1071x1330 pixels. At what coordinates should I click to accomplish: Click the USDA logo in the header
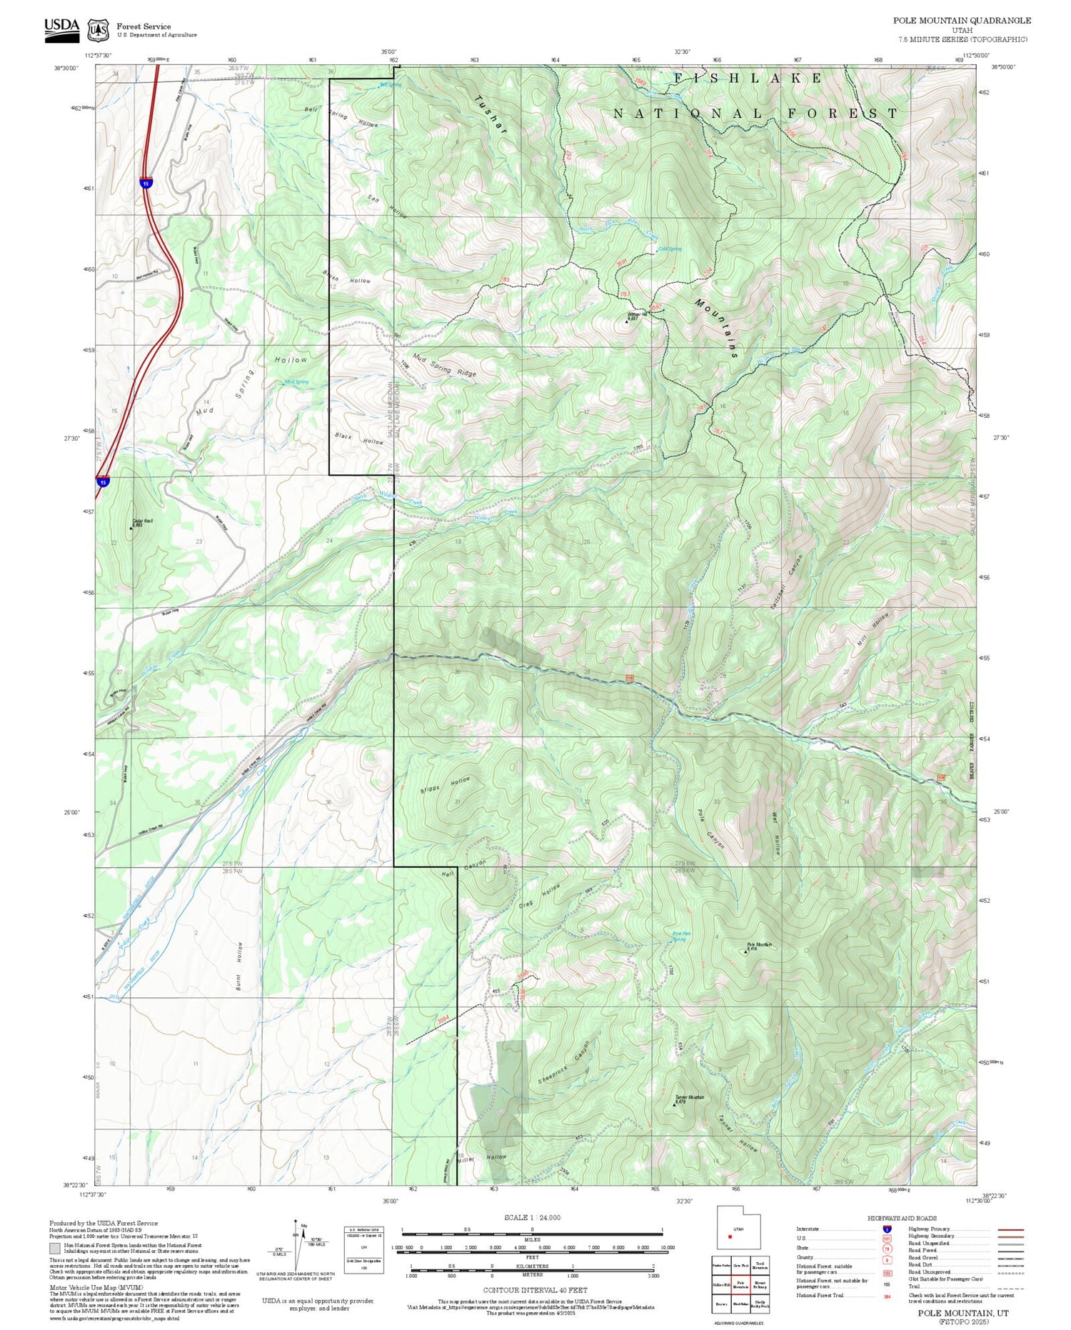pyautogui.click(x=61, y=29)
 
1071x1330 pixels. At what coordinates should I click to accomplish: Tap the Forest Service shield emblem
pyautogui.click(x=98, y=30)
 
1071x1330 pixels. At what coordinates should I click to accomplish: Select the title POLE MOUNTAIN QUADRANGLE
pyautogui.click(x=962, y=20)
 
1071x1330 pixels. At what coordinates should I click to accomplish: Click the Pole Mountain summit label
pyautogui.click(x=758, y=946)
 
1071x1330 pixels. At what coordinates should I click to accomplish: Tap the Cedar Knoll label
pyautogui.click(x=142, y=522)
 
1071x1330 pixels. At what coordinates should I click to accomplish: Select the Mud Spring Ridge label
pyautogui.click(x=443, y=367)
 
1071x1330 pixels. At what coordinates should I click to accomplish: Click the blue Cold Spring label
pyautogui.click(x=669, y=249)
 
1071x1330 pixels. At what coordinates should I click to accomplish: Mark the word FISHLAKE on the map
pyautogui.click(x=747, y=78)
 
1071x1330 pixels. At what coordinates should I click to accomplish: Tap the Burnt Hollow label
pyautogui.click(x=239, y=966)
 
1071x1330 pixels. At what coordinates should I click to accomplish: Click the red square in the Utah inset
pyautogui.click(x=730, y=1236)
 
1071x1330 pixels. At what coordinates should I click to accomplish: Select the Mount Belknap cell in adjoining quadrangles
pyautogui.click(x=760, y=1284)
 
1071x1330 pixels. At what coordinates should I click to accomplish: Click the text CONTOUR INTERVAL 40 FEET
pyautogui.click(x=535, y=1290)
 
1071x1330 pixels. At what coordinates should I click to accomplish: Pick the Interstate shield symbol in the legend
pyautogui.click(x=886, y=1229)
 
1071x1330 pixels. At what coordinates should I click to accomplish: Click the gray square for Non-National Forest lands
pyautogui.click(x=55, y=1249)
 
